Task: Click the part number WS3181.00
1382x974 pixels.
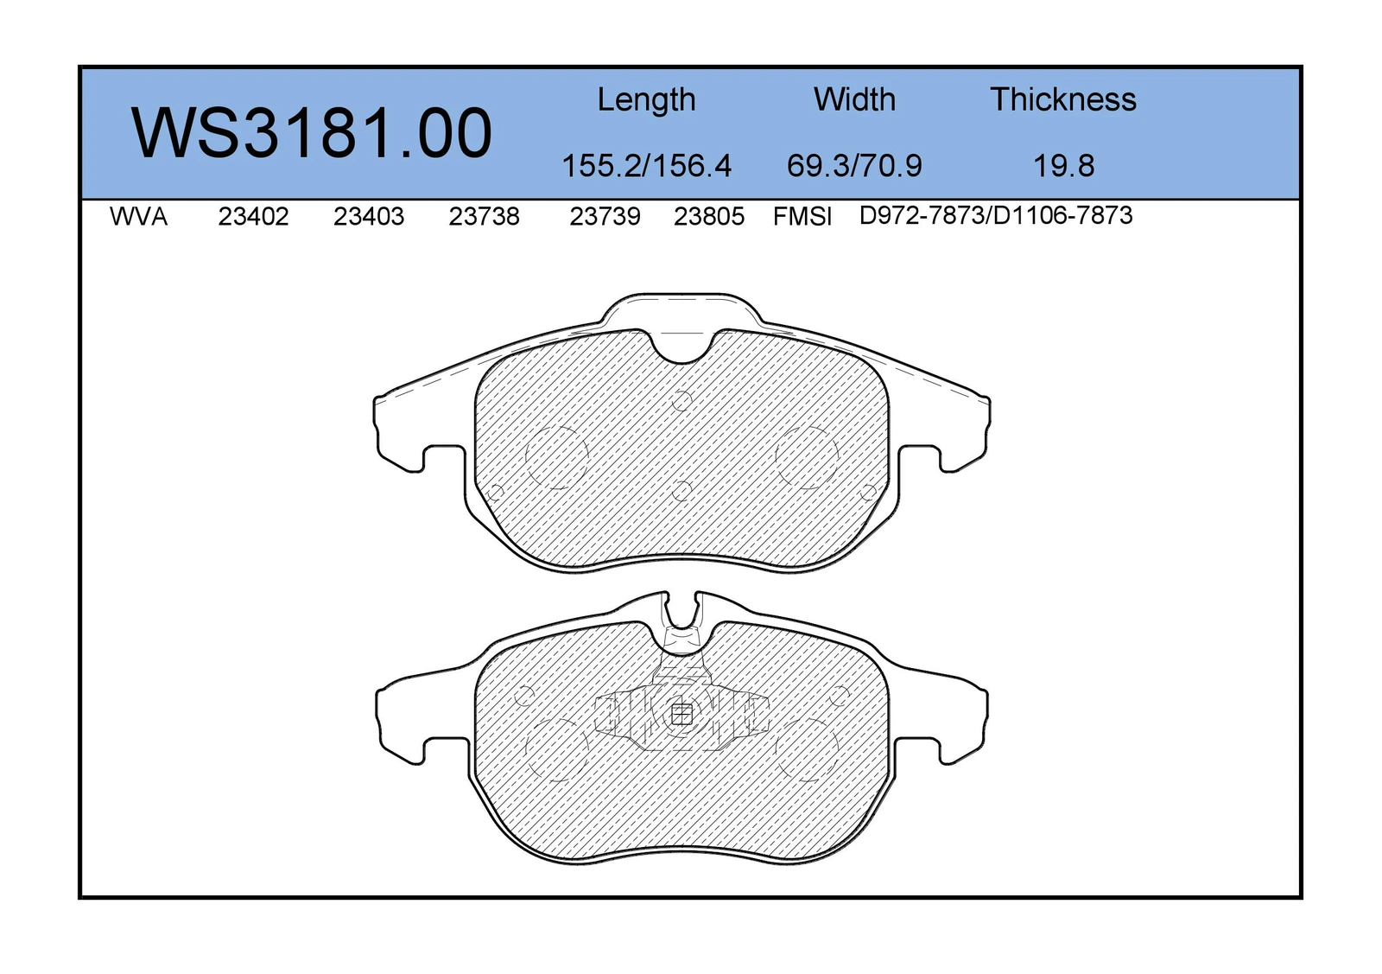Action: (x=311, y=133)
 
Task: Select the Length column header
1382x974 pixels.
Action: (x=646, y=100)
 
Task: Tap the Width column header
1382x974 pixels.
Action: (x=854, y=99)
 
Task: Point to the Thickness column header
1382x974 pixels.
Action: (x=1063, y=99)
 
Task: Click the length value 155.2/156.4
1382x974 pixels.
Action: (x=646, y=166)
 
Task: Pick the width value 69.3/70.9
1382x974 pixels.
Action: (x=854, y=166)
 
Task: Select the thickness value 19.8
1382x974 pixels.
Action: (x=1063, y=166)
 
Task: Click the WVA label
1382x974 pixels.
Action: (x=138, y=217)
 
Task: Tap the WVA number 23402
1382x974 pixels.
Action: (x=253, y=217)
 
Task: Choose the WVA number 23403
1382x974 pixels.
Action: (x=368, y=217)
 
